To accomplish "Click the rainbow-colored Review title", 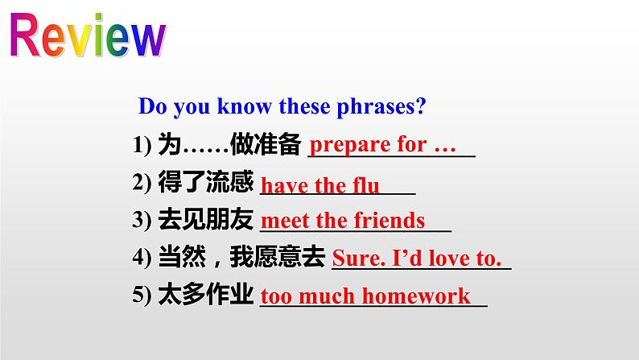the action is click(88, 35).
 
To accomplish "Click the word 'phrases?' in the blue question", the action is click(381, 107).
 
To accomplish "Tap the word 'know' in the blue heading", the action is click(244, 106).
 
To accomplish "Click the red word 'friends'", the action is click(390, 220).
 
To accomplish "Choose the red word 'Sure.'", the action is click(359, 258).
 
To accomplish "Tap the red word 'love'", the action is click(449, 258).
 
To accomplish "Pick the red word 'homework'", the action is click(416, 296).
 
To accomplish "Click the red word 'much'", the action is click(327, 296).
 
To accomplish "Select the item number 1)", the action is click(142, 145).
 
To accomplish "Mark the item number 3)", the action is click(142, 220).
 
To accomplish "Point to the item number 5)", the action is click(142, 295).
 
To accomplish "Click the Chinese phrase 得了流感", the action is click(205, 181).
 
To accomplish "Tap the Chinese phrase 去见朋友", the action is click(205, 219).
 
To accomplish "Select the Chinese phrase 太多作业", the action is click(205, 294).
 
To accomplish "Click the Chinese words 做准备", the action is click(266, 144).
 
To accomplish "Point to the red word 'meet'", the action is click(285, 221).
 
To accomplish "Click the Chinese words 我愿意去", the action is click(278, 256).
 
